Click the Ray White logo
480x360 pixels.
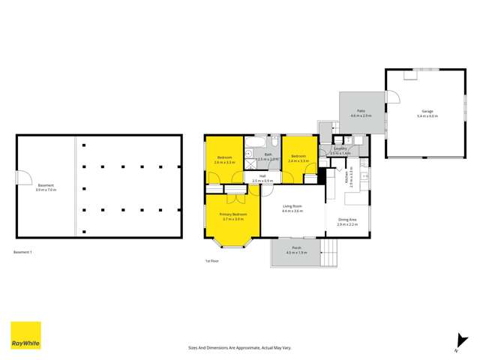[25, 335]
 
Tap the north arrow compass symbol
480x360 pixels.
[455, 341]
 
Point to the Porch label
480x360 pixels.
[297, 250]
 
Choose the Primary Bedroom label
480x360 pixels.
[232, 216]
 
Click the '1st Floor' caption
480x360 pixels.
[212, 261]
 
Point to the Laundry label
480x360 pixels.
[340, 150]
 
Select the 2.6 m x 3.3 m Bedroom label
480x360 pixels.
[224, 160]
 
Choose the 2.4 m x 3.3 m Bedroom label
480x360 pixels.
[298, 160]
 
